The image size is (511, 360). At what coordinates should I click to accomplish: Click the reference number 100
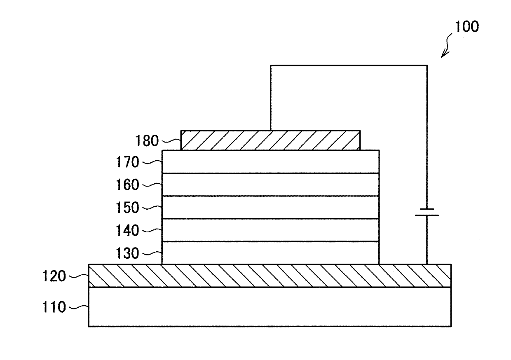click(466, 27)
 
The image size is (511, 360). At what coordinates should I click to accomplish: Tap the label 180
click(147, 141)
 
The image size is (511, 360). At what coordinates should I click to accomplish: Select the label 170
click(128, 163)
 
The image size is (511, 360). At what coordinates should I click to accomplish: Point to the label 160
click(128, 185)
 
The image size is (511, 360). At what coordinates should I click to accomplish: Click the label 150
click(128, 208)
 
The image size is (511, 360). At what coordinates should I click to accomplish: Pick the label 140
click(128, 231)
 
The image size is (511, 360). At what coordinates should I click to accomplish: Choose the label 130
click(128, 253)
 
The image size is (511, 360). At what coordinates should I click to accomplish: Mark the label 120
click(54, 276)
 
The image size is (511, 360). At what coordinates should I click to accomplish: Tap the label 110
click(54, 307)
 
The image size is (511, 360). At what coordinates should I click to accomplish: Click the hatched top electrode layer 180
click(270, 140)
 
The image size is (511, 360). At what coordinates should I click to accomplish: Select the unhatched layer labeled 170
click(270, 161)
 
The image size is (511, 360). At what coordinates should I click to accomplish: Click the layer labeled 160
click(270, 185)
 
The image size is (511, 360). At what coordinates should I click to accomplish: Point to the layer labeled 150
click(270, 207)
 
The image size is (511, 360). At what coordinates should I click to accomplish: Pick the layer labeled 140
click(270, 230)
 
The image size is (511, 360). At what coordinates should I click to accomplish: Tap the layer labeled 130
click(270, 252)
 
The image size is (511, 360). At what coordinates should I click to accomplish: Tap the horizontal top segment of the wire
click(348, 65)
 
